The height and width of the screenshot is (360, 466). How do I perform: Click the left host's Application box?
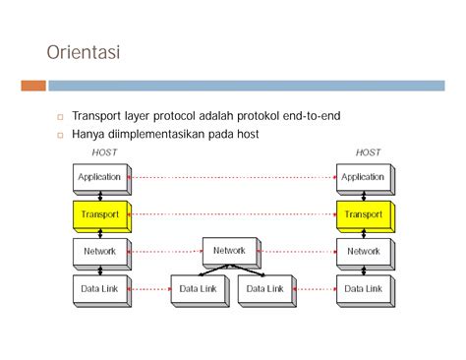[x=98, y=177]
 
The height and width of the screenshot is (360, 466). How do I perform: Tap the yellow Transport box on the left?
[x=98, y=213]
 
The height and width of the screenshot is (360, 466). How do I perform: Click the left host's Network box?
[x=98, y=251]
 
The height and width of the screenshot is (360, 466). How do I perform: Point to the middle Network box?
[x=229, y=251]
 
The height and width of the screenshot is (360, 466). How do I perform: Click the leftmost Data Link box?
[x=98, y=288]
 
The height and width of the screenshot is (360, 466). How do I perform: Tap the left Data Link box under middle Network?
[x=199, y=288]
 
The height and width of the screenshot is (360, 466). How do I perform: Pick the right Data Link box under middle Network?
[x=263, y=288]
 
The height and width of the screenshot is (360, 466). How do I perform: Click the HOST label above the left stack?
[x=104, y=151]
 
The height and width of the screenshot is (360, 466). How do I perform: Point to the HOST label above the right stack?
[x=368, y=151]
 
